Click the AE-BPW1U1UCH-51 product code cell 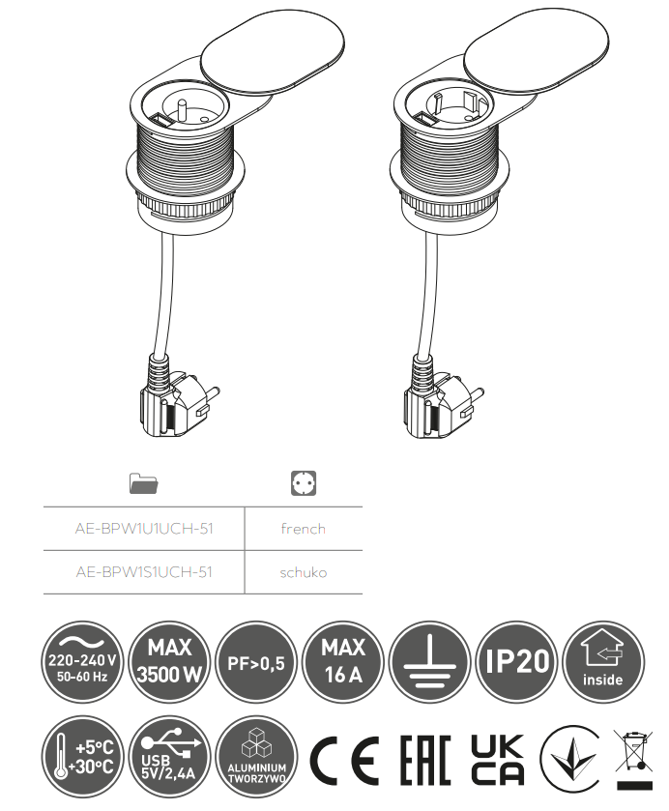[144, 529]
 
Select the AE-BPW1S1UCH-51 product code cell [144, 572]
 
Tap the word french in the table [304, 529]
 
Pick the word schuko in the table [304, 572]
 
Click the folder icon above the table [144, 483]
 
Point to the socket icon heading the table [304, 483]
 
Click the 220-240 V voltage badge [82, 662]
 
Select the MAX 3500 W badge [169, 662]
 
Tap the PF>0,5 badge [256, 662]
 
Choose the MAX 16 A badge [343, 662]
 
